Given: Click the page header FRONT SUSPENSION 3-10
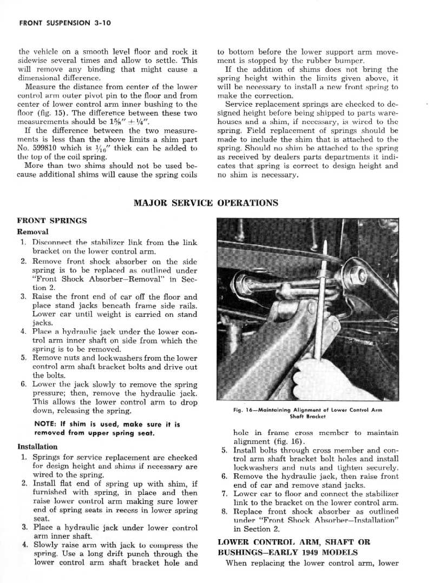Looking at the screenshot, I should point(64,23).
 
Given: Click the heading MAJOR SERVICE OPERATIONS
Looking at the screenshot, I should point(206,203).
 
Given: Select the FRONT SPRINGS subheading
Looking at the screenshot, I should point(52,221).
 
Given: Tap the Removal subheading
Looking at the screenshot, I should point(33,231).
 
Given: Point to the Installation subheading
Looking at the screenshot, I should point(37,447).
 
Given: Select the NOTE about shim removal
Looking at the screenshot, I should point(107,428).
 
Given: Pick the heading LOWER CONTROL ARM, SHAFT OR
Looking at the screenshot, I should point(294,542).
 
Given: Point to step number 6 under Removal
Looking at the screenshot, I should point(24,385).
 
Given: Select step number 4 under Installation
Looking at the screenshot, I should point(24,545).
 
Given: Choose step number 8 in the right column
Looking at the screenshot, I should point(224,511).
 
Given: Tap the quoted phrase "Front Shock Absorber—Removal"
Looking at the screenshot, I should point(115,279).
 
